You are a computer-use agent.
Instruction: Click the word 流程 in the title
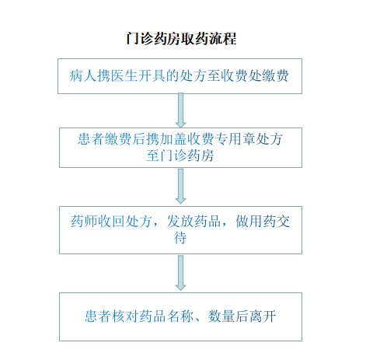[x=222, y=39]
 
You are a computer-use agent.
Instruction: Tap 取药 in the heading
[x=195, y=39]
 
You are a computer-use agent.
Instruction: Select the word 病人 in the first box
[x=83, y=76]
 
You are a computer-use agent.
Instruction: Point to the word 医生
[x=124, y=76]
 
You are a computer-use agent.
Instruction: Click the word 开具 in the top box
[x=152, y=76]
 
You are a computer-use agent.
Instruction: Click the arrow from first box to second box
[x=180, y=110]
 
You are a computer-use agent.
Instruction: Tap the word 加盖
[x=173, y=139]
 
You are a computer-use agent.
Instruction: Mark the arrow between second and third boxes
[x=180, y=187]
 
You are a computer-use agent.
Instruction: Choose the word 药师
[x=84, y=222]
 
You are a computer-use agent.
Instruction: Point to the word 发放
[x=180, y=222]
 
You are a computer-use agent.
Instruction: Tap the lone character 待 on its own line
[x=180, y=238]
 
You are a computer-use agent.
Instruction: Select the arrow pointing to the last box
[x=180, y=273]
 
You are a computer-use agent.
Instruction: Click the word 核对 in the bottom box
[x=125, y=316]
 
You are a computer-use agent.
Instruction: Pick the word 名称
[x=180, y=316]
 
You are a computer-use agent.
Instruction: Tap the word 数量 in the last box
[x=221, y=316]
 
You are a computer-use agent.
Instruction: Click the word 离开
[x=263, y=316]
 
